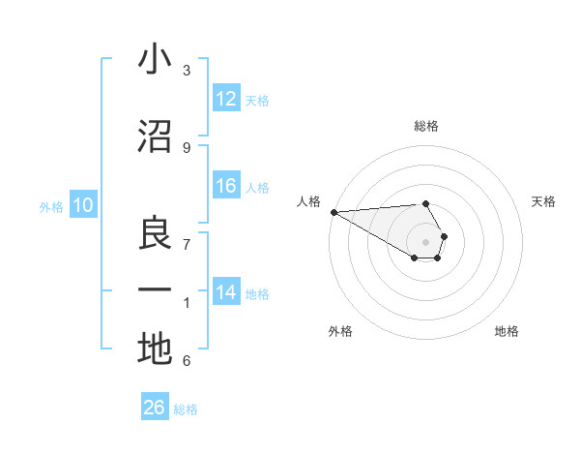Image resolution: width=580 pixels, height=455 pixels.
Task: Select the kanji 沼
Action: [155, 136]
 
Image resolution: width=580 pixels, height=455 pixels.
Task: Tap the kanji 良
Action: [155, 233]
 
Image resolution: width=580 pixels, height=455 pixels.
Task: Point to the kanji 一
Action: [155, 290]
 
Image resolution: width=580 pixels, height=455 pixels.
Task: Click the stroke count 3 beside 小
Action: [187, 70]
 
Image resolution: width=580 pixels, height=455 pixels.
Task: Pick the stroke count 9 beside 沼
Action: [187, 147]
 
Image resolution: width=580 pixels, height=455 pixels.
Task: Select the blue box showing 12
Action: [226, 99]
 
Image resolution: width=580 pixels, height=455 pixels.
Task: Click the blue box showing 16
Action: [226, 186]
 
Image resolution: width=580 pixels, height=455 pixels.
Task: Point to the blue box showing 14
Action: [226, 292]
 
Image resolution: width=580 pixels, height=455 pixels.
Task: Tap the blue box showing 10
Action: [82, 205]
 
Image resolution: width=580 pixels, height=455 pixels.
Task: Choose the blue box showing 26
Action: [155, 408]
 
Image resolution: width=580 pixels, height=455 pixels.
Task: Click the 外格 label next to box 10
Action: [51, 206]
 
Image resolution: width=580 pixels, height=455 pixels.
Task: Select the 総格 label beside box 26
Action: [187, 409]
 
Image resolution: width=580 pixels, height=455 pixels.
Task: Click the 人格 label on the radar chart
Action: [308, 201]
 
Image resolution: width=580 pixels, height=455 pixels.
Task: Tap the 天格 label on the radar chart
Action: [544, 201]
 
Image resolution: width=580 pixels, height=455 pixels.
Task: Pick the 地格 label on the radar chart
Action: [507, 331]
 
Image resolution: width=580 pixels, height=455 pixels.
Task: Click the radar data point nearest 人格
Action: [333, 212]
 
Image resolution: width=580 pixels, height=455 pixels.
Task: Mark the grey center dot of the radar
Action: [425, 241]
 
